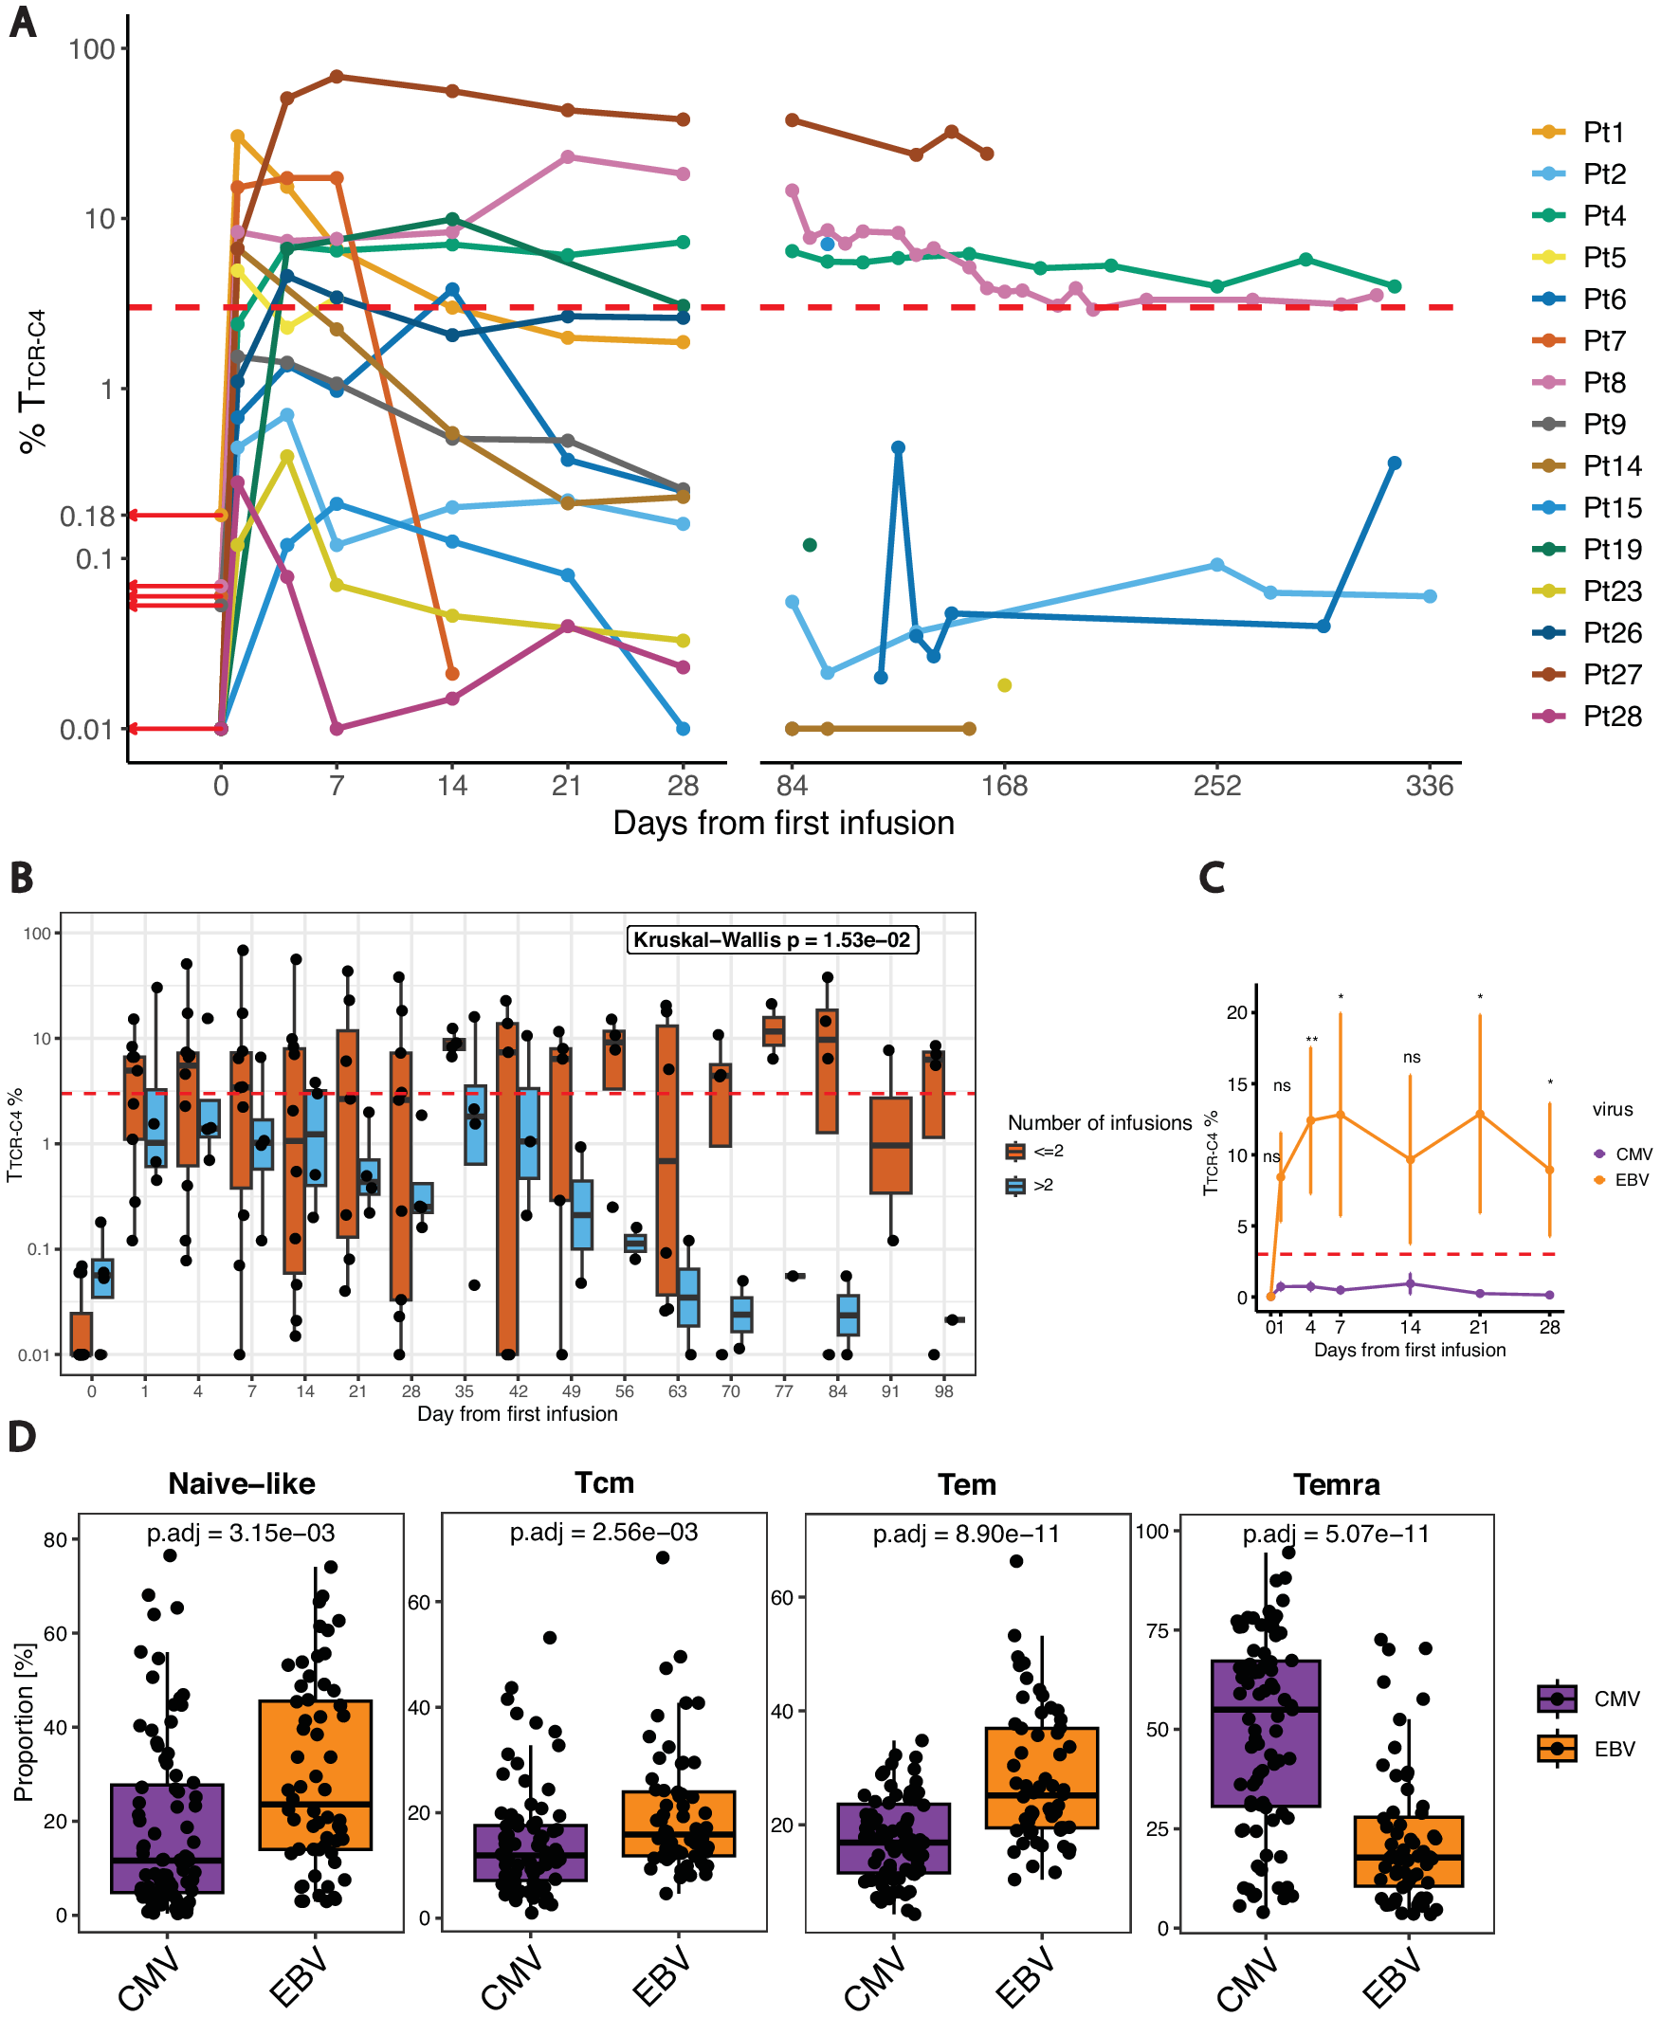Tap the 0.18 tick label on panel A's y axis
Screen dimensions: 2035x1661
[87, 517]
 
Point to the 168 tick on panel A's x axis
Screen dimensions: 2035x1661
[1004, 786]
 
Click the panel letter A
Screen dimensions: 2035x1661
[23, 21]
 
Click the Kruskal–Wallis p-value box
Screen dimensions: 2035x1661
[771, 939]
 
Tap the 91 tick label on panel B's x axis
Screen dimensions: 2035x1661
[890, 1391]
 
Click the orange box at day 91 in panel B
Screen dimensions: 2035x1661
[890, 1145]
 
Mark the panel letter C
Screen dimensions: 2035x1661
[1212, 877]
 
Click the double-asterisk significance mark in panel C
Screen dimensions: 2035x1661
[1311, 1041]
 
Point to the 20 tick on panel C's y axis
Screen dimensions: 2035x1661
[1236, 1012]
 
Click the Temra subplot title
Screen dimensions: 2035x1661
[1336, 1484]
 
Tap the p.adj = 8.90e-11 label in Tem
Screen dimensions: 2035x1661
[966, 1534]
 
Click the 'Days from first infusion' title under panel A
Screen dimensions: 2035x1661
[783, 824]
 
